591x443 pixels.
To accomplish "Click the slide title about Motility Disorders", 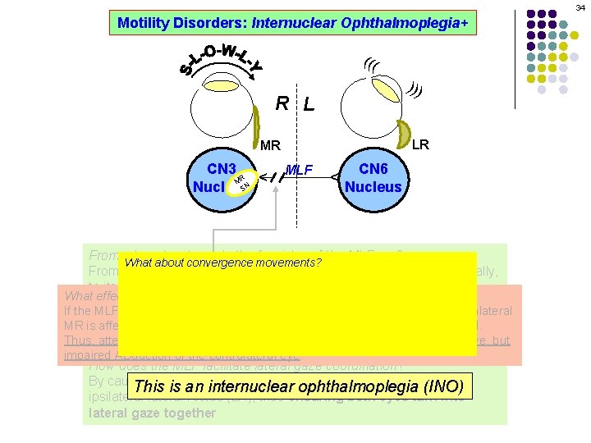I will (x=292, y=23).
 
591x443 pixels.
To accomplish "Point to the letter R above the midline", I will (x=282, y=103).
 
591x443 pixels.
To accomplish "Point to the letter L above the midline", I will (x=308, y=105).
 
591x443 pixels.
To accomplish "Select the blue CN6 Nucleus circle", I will (x=373, y=177).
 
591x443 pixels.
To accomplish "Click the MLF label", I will (x=301, y=170).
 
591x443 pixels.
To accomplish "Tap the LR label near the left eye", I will (x=419, y=144).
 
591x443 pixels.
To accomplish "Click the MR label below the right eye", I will (x=271, y=146).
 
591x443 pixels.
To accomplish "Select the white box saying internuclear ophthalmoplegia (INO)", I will (x=299, y=386).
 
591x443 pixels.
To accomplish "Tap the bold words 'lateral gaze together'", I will (x=151, y=413).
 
